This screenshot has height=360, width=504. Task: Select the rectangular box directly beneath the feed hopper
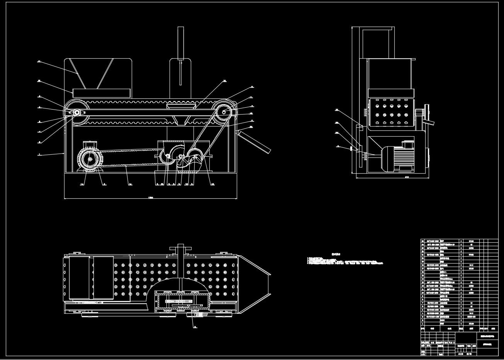pyautogui.click(x=101, y=93)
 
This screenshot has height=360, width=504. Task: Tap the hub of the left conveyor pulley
pyautogui.click(x=77, y=112)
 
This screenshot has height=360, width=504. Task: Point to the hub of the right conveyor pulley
pyautogui.click(x=224, y=112)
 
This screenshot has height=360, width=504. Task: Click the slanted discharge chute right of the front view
pyautogui.click(x=255, y=142)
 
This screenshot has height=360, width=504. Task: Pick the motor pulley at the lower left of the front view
pyautogui.click(x=90, y=159)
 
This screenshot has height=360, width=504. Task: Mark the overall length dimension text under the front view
pyautogui.click(x=150, y=198)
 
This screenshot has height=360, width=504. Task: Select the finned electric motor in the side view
pyautogui.click(x=398, y=156)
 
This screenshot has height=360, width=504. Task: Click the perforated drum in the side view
pyautogui.click(x=390, y=112)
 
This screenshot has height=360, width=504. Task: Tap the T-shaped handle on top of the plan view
pyautogui.click(x=180, y=248)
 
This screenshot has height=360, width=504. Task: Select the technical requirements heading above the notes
pyautogui.click(x=337, y=255)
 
